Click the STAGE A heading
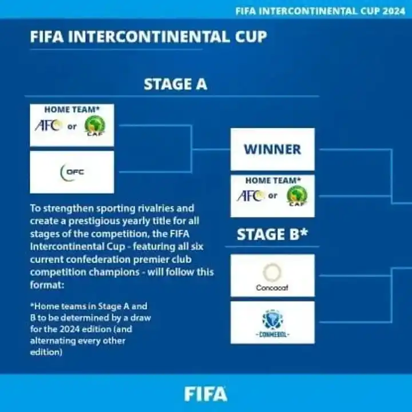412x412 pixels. click(x=175, y=84)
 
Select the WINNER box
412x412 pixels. click(x=272, y=149)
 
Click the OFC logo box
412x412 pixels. click(x=72, y=172)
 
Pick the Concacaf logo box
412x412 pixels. click(x=272, y=275)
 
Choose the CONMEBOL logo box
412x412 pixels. click(x=272, y=322)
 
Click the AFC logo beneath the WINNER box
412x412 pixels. click(x=250, y=196)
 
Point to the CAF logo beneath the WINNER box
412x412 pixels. click(x=297, y=196)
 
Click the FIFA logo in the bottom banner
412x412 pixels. click(x=205, y=394)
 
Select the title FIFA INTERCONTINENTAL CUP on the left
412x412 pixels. click(x=148, y=37)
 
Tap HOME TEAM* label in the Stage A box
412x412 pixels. click(x=72, y=110)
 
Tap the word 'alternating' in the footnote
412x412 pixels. click(x=56, y=340)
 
